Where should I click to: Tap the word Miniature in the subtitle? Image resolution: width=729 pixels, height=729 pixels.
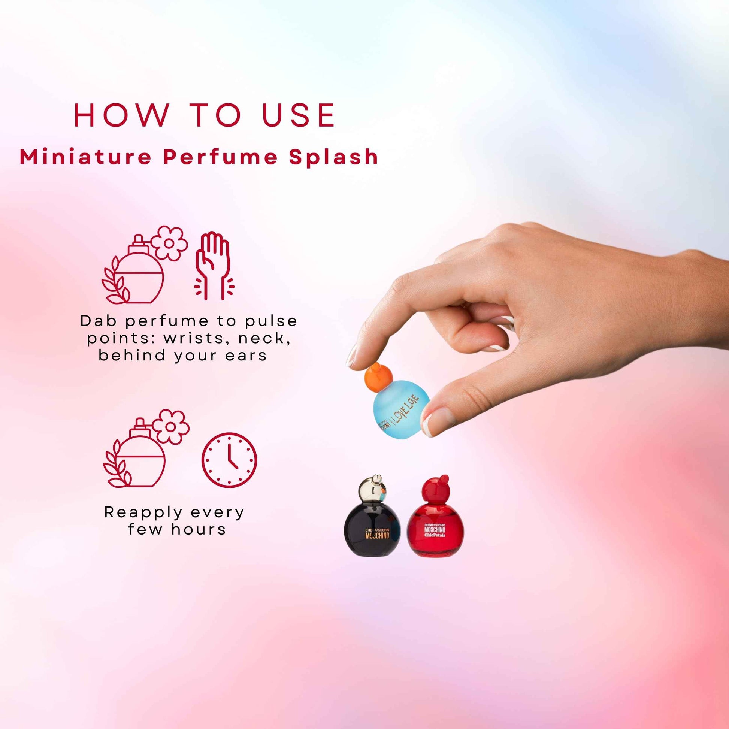click(x=85, y=157)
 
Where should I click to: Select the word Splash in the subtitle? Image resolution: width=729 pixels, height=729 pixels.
click(x=333, y=157)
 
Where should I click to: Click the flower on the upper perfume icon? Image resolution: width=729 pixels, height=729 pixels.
click(x=169, y=243)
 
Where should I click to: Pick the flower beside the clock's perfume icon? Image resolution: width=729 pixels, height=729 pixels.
click(x=170, y=426)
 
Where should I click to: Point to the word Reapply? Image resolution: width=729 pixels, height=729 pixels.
click(x=143, y=512)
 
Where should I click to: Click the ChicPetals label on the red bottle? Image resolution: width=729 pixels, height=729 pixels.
click(x=435, y=535)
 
